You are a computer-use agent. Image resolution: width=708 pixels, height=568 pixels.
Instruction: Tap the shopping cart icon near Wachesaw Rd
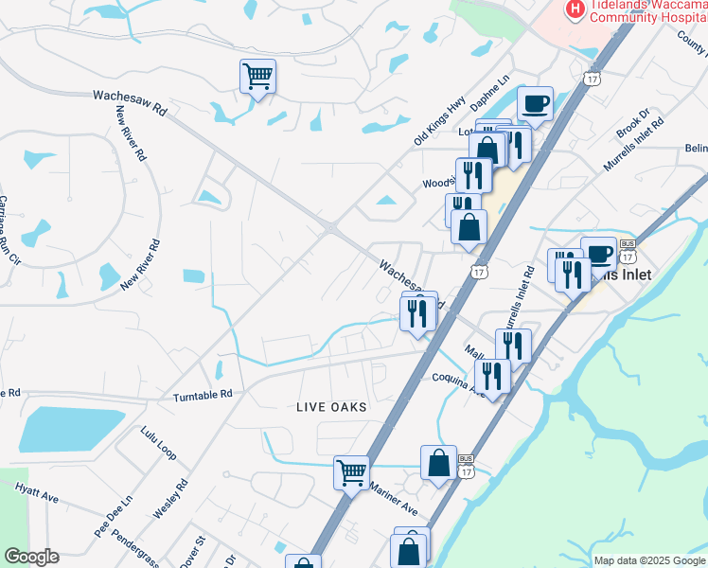257,75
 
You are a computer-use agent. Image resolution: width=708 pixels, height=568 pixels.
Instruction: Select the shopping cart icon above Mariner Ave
351,471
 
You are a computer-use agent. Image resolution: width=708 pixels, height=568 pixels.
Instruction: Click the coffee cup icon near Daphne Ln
536,102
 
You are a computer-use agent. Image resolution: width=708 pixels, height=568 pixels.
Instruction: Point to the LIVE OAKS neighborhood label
331,406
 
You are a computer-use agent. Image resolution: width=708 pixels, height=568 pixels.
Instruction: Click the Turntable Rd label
203,394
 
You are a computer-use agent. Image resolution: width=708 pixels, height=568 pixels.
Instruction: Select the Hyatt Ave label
36,491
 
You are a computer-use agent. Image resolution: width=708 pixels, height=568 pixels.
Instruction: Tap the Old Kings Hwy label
440,121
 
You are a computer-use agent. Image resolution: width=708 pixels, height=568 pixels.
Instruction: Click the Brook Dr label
631,126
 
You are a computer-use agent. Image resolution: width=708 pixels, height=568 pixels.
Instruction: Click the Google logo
31,557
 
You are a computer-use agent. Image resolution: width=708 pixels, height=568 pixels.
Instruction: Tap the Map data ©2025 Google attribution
649,560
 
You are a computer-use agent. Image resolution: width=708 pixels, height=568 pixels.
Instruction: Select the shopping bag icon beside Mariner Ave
438,464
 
